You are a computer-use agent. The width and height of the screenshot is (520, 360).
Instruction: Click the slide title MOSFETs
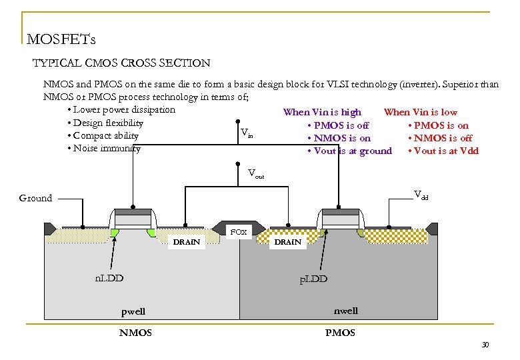point(61,39)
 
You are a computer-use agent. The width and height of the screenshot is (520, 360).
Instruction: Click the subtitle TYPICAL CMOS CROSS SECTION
point(121,63)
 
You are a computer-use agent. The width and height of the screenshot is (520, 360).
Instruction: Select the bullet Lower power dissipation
point(124,110)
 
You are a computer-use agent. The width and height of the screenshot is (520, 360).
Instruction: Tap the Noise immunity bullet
point(106,149)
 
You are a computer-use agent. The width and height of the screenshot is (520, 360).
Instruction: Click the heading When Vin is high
point(322,112)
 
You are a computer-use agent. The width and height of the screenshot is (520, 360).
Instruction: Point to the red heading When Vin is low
point(420,112)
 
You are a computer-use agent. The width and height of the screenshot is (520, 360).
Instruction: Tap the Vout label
point(255,175)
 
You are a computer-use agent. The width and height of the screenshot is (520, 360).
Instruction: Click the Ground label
point(35,198)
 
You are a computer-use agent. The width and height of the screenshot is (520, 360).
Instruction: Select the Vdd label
point(421,195)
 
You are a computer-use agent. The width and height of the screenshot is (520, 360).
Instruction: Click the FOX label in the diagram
point(238,232)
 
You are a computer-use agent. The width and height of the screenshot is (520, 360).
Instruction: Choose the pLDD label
point(313,279)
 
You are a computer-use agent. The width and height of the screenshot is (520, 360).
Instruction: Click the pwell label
point(133,311)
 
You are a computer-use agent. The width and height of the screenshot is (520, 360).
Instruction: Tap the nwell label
point(345,311)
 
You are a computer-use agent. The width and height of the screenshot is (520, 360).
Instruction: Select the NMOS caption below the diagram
point(135,333)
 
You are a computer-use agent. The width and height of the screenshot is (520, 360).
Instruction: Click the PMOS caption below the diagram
point(340,333)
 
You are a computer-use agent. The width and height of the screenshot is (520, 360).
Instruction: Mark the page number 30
point(485,344)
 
